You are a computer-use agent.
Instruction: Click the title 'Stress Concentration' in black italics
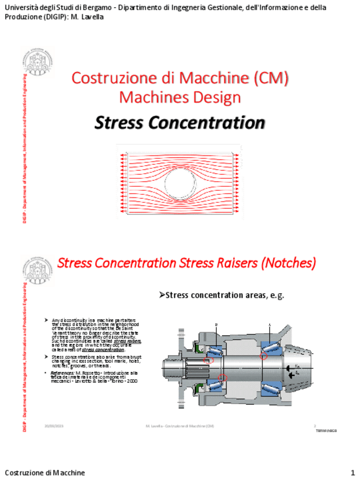179,122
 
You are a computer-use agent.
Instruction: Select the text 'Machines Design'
179,97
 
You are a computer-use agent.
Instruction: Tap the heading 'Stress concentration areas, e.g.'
221,295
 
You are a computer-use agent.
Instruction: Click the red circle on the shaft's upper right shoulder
264,355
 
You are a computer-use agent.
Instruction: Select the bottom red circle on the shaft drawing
222,378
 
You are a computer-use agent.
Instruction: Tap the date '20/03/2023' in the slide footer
54,425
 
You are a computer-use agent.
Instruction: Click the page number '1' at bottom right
352,473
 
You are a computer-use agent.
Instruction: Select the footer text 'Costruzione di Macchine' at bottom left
45,473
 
